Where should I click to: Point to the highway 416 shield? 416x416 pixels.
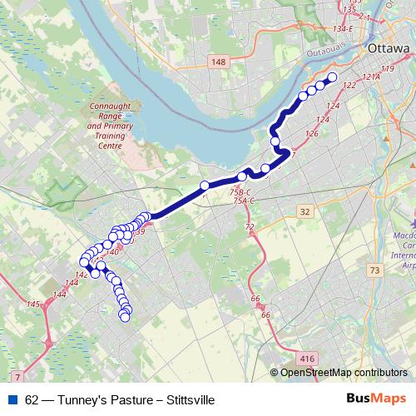tap(307, 358)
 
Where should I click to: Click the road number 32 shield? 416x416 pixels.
tap(305, 212)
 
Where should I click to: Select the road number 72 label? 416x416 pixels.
tap(250, 227)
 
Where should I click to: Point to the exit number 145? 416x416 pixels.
tap(33, 305)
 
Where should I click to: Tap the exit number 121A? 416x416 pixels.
tap(369, 77)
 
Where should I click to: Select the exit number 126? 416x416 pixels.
tap(312, 133)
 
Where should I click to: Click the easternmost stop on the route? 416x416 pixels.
tap(331, 78)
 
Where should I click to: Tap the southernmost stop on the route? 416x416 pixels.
tap(126, 316)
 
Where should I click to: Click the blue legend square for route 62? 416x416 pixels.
tap(10, 399)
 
